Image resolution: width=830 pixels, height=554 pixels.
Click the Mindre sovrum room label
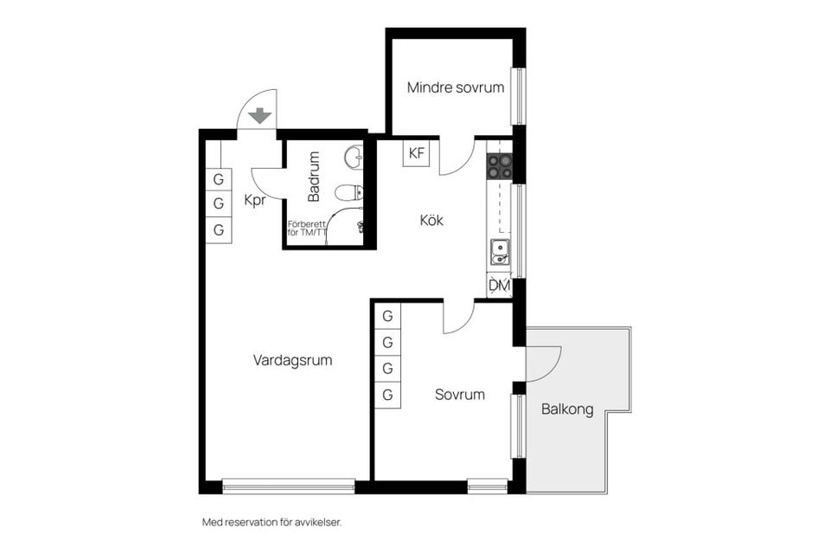click(456, 87)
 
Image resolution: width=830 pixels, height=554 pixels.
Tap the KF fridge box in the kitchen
click(417, 153)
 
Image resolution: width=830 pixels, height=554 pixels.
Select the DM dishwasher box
click(499, 285)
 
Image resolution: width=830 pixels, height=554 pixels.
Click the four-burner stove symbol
click(499, 165)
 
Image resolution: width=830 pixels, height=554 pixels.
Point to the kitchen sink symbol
click(500, 252)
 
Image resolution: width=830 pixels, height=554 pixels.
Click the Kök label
click(431, 221)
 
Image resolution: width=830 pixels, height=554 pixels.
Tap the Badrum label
click(314, 177)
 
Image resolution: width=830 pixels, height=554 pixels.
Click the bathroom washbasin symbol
click(353, 158)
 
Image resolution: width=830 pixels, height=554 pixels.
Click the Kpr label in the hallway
click(254, 200)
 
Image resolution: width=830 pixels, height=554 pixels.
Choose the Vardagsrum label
click(292, 360)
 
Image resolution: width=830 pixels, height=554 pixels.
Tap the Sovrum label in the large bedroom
click(459, 395)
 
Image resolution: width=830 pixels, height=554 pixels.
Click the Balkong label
click(567, 409)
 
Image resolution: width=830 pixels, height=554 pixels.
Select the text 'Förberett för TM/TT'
click(307, 229)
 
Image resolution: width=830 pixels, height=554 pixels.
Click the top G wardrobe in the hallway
click(219, 179)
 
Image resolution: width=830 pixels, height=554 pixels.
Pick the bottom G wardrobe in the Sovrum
click(387, 395)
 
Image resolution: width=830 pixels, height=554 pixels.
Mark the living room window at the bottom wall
click(289, 486)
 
